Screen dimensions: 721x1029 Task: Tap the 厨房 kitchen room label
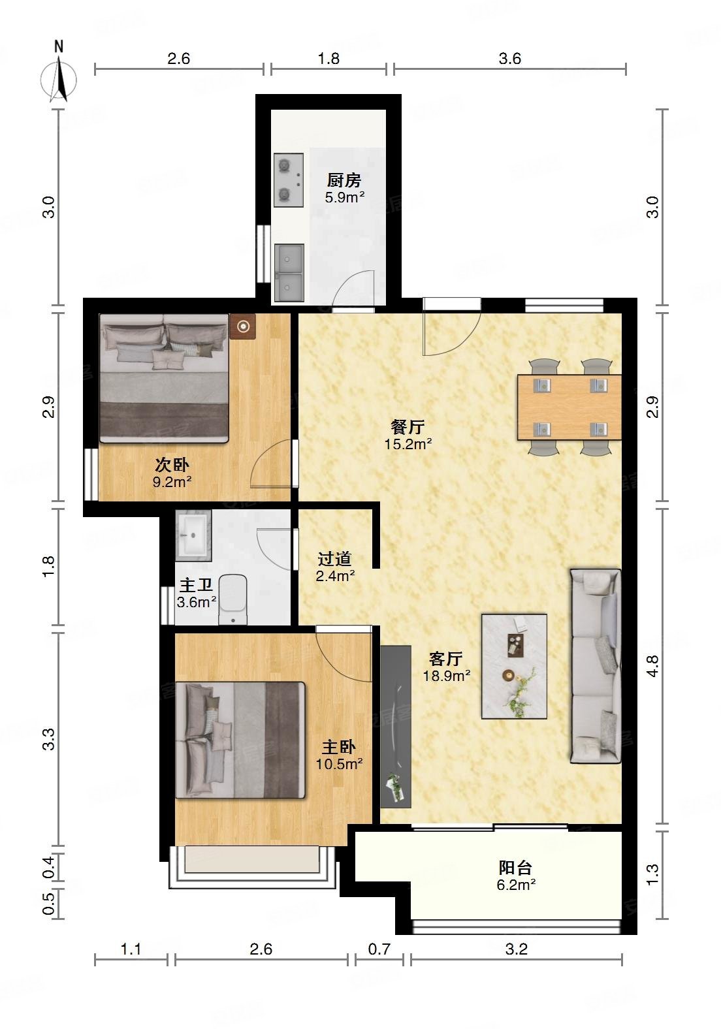pyautogui.click(x=344, y=180)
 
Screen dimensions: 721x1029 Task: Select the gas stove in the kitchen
pyautogui.click(x=289, y=180)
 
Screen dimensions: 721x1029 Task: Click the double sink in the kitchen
pyautogui.click(x=289, y=272)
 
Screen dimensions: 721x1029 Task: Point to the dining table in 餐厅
pyautogui.click(x=569, y=407)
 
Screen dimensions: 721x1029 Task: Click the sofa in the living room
pyautogui.click(x=596, y=667)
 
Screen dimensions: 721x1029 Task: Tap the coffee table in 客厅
pyautogui.click(x=514, y=667)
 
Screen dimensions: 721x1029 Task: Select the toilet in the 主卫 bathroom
pyautogui.click(x=233, y=599)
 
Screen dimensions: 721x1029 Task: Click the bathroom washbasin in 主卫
pyautogui.click(x=193, y=535)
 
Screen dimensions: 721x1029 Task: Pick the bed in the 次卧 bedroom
pyautogui.click(x=164, y=378)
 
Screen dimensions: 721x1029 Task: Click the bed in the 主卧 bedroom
pyautogui.click(x=240, y=740)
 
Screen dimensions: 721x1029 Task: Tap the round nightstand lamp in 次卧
pyautogui.click(x=243, y=326)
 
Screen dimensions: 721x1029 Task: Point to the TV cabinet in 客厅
pyautogui.click(x=396, y=727)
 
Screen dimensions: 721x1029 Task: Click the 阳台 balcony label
pyautogui.click(x=515, y=868)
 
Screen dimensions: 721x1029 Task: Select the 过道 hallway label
pyautogui.click(x=334, y=559)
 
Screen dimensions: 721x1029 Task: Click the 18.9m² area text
pyautogui.click(x=447, y=676)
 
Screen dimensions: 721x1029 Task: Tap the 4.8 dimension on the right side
pyautogui.click(x=652, y=666)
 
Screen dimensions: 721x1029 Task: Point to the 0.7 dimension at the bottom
pyautogui.click(x=379, y=949)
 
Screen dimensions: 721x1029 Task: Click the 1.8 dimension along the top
pyautogui.click(x=329, y=58)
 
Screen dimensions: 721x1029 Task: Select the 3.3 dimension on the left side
pyautogui.click(x=48, y=739)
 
